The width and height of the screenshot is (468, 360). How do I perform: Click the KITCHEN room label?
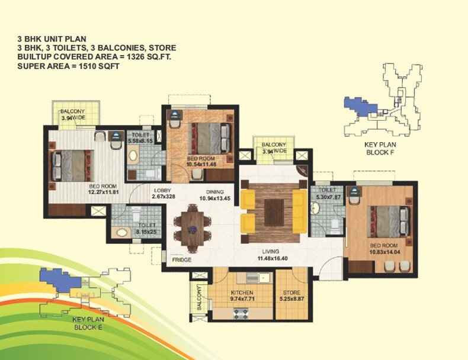(x=242, y=292)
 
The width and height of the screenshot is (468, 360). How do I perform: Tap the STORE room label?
(x=291, y=292)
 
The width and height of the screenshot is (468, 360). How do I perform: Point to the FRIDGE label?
(x=181, y=259)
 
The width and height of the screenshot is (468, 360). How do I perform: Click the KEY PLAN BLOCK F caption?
(x=379, y=148)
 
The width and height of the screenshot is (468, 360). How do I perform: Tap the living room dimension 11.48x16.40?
(x=272, y=259)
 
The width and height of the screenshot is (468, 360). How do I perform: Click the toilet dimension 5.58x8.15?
(x=141, y=142)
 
